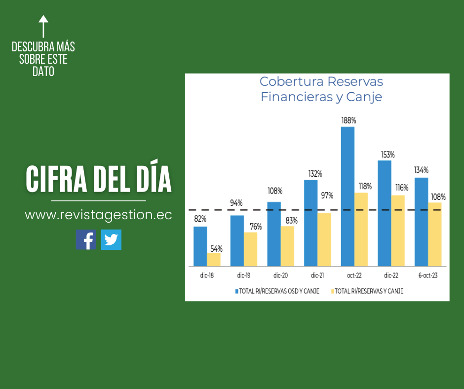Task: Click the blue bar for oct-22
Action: (x=348, y=196)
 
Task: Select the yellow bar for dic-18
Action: (x=214, y=260)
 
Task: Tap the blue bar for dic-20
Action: (x=274, y=234)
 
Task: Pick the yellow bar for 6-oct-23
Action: (x=435, y=234)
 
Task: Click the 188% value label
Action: (x=348, y=120)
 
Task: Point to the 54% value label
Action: (x=216, y=248)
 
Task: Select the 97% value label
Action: (x=327, y=195)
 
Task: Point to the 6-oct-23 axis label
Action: (x=427, y=275)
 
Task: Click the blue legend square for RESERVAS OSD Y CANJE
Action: (x=237, y=291)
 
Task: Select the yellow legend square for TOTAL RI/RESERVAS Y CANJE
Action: (x=332, y=291)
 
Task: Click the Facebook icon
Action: (x=86, y=239)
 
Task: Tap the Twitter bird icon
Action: (x=111, y=239)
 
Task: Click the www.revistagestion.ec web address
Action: (x=98, y=215)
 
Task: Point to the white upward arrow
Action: (x=43, y=26)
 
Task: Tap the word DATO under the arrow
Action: (x=43, y=72)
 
